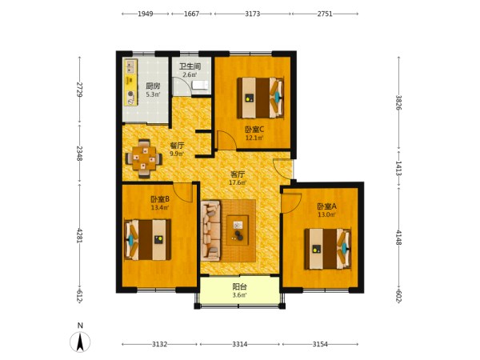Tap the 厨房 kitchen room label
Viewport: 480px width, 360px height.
coord(153,86)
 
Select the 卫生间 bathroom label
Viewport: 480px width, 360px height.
coord(190,66)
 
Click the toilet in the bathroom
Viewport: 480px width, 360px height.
coord(199,85)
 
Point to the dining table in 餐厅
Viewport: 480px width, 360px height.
coord(144,158)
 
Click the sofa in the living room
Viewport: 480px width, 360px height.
coord(210,230)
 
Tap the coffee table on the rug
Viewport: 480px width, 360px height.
coord(238,230)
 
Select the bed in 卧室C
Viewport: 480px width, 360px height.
coord(261,98)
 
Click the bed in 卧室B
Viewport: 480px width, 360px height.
coord(147,240)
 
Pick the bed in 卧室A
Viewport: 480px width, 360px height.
coord(327,249)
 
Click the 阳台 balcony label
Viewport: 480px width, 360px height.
coord(239,287)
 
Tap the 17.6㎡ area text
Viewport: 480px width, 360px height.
coord(238,182)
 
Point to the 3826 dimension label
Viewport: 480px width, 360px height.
coord(398,102)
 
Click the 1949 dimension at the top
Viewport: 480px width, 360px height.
coord(146,14)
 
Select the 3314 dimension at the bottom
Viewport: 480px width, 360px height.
coord(240,344)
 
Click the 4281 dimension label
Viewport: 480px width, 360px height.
coord(79,235)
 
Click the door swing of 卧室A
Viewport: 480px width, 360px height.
coord(291,203)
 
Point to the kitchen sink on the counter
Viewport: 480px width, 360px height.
coord(131,66)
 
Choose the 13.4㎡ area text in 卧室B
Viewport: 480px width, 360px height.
coord(160,207)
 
